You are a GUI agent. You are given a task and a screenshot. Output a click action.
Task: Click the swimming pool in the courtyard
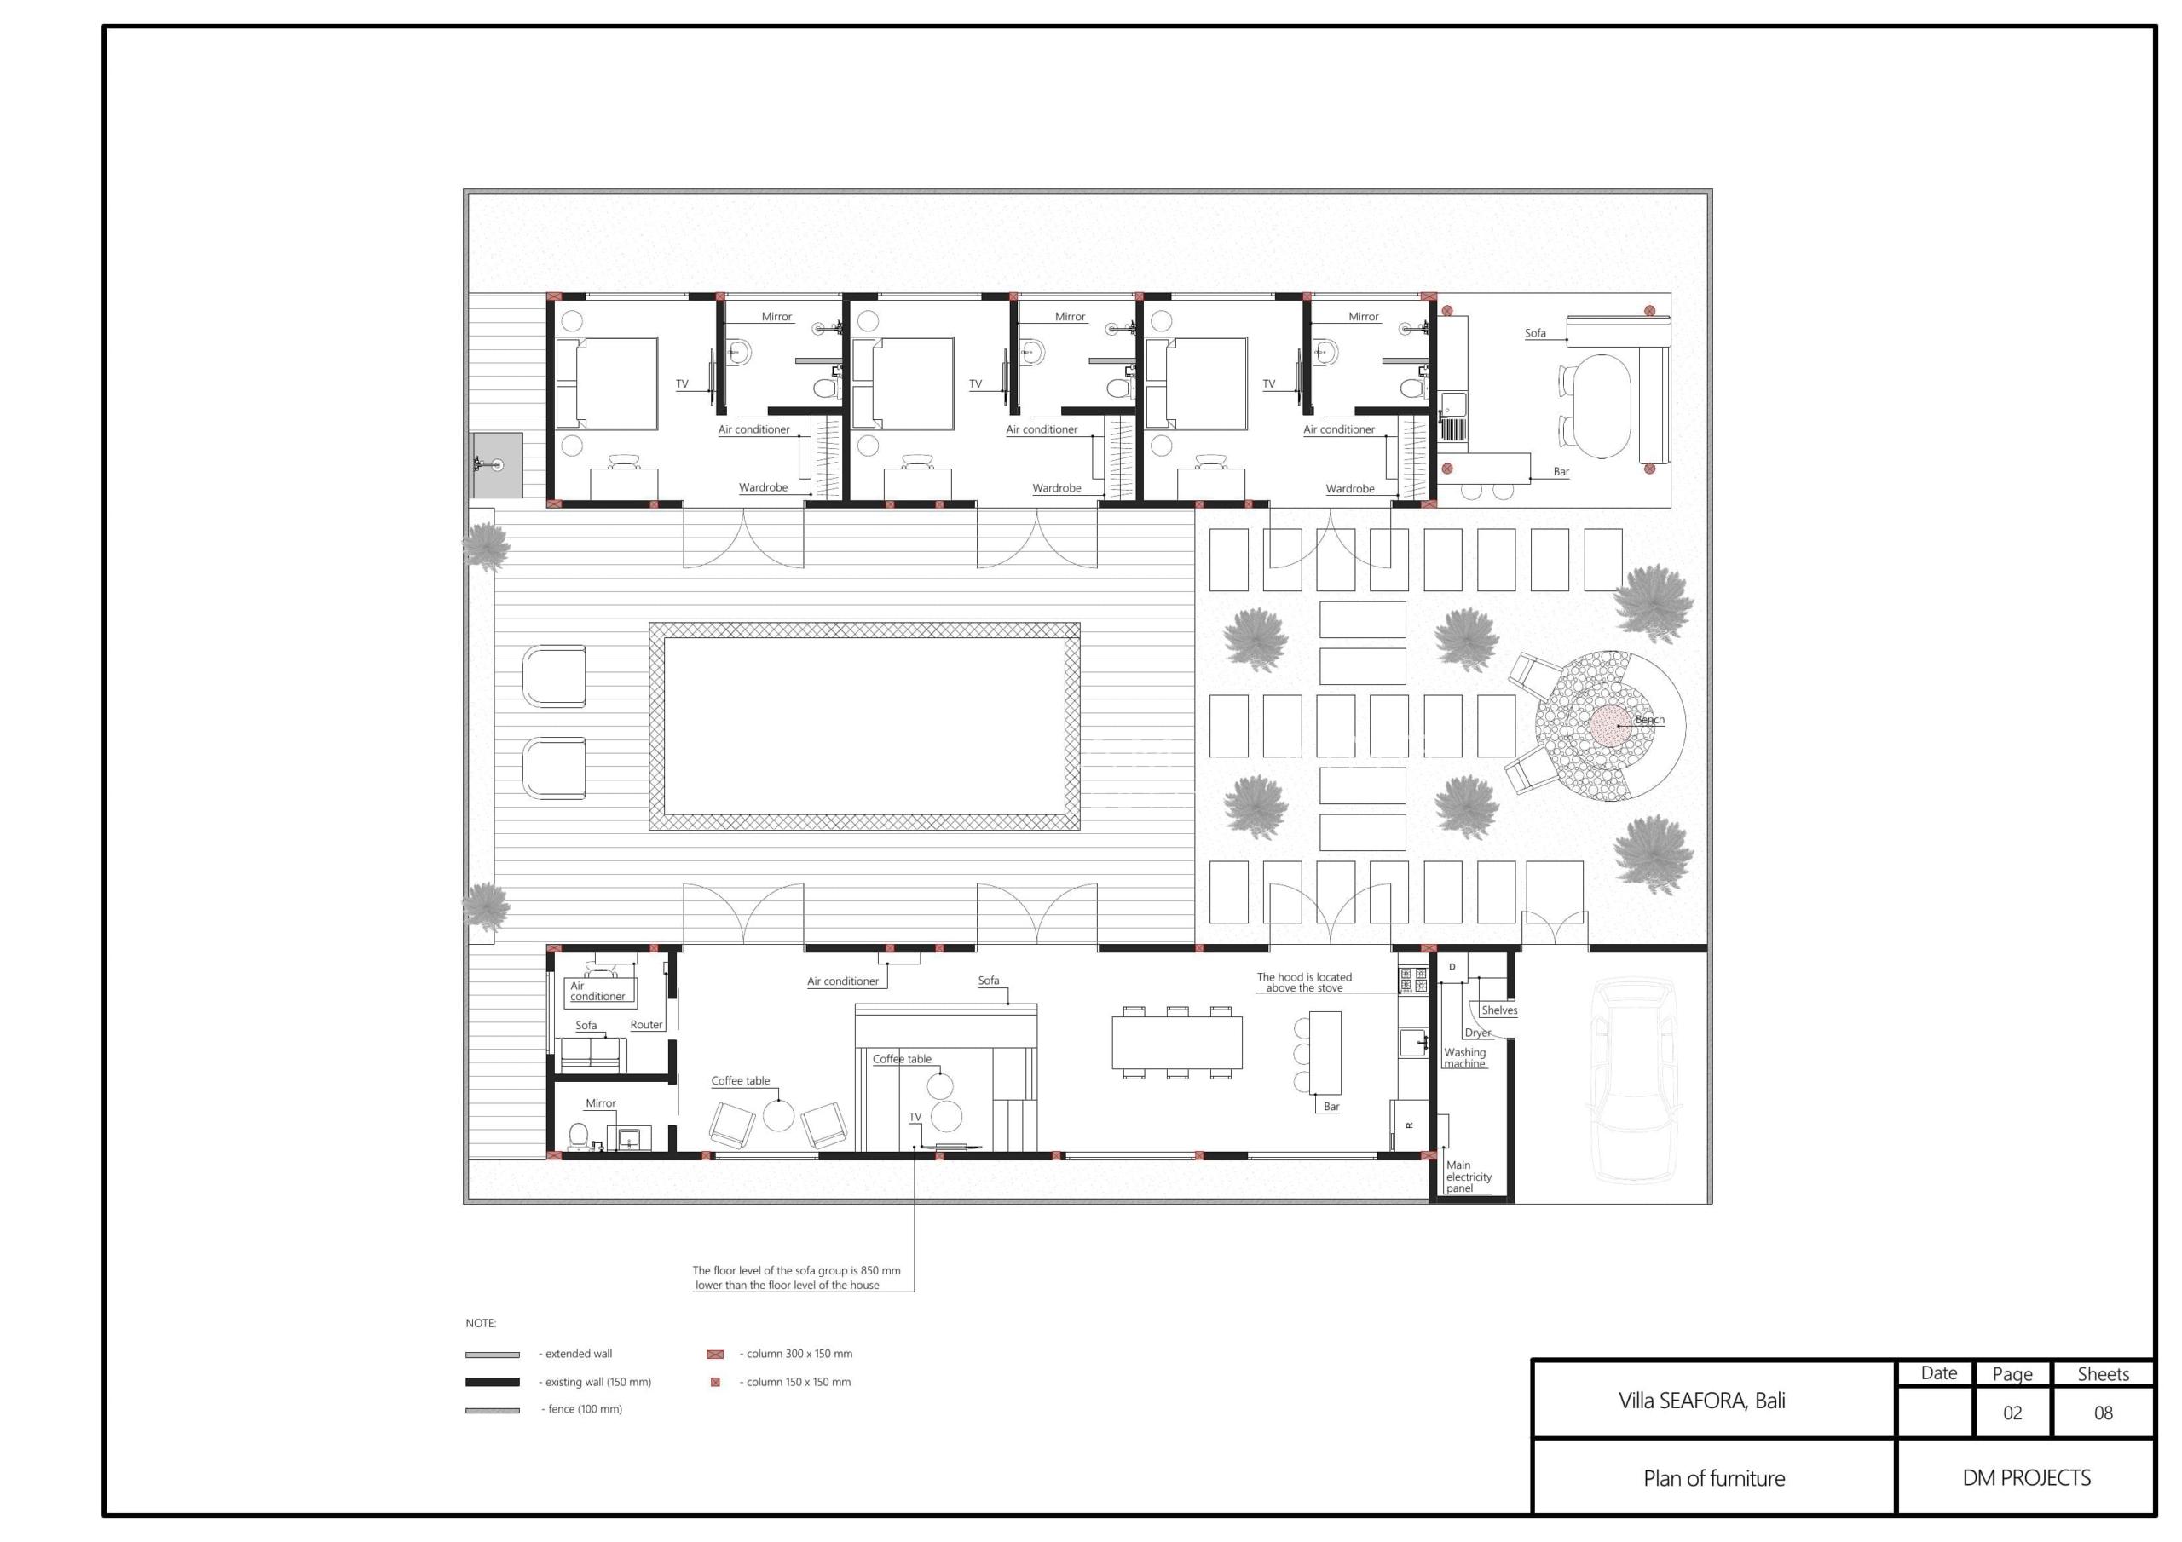click(864, 726)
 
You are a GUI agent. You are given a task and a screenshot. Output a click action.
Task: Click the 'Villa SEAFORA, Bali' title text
click(1701, 1401)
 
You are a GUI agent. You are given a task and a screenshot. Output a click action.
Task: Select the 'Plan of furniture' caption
click(1713, 1478)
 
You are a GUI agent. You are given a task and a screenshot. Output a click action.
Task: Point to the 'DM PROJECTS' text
click(2026, 1478)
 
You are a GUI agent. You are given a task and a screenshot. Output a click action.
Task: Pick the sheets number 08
click(2103, 1413)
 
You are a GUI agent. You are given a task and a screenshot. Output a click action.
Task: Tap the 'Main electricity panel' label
click(1469, 1177)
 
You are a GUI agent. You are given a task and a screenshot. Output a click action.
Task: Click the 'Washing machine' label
click(1464, 1057)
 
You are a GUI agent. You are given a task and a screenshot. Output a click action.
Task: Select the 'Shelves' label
click(1498, 1010)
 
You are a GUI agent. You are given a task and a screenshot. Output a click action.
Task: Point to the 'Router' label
click(646, 1024)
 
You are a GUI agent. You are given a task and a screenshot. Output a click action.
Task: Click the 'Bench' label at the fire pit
click(1650, 719)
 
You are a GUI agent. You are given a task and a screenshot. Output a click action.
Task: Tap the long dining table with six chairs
click(1176, 1042)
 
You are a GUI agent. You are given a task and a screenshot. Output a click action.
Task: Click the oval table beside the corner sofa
click(1601, 406)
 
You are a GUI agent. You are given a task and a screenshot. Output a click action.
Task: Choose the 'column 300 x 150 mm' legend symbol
click(716, 1355)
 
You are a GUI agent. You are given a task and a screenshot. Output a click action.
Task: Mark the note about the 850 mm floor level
click(796, 1278)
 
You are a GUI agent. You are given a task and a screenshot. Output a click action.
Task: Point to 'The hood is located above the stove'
click(1304, 982)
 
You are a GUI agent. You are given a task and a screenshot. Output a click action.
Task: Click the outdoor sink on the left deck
click(495, 465)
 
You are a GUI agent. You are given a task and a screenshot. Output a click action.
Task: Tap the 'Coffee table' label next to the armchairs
click(741, 1080)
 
